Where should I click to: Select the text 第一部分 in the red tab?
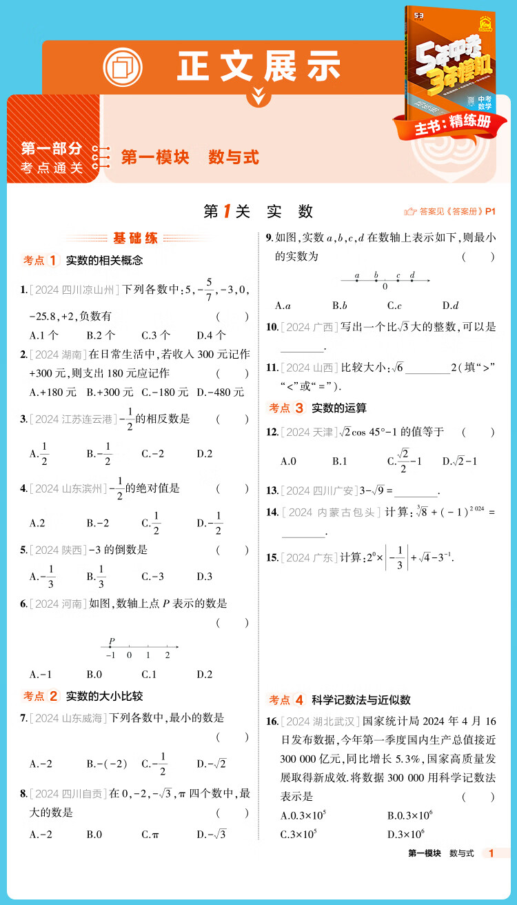tap(52, 148)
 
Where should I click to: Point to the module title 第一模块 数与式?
tap(190, 157)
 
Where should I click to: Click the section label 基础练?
tap(135, 239)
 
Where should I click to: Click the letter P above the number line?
tap(112, 641)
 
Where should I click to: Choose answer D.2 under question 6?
tap(204, 674)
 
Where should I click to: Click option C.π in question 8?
tap(150, 835)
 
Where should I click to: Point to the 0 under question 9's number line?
tap(385, 286)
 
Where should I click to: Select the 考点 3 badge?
tap(286, 408)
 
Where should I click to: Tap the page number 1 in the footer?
tap(491, 853)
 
